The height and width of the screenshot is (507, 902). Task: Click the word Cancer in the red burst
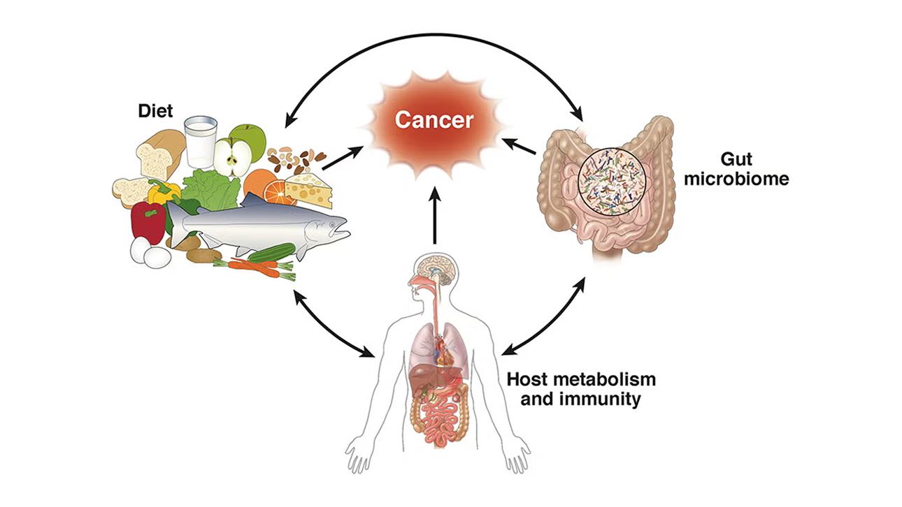coord(434,119)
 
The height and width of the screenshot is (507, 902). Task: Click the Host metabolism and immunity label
coord(581,390)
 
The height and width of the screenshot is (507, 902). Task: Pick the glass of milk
coord(200,141)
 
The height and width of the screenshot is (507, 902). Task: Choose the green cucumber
coord(271,251)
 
